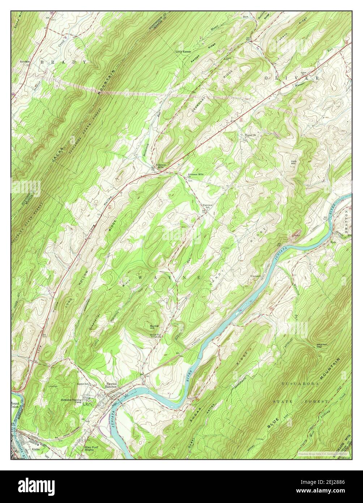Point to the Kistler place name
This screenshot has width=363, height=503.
[x=36, y=449]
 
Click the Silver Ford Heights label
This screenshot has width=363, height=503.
[x=93, y=448]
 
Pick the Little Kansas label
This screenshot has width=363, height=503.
[x=183, y=52]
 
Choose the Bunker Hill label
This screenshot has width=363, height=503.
[x=155, y=327]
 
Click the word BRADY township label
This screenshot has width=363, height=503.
[x=63, y=62]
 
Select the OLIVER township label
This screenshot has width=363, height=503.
[x=292, y=78]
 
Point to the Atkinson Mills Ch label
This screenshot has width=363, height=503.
[x=195, y=176]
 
